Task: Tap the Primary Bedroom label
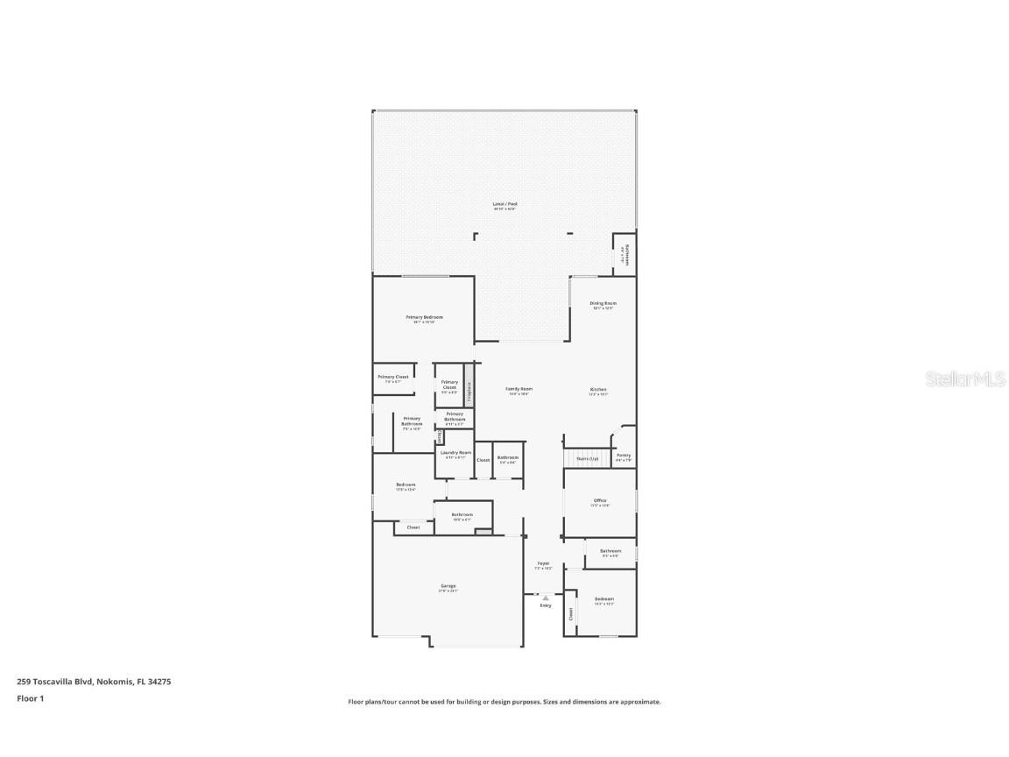click(x=424, y=317)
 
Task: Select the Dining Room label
click(x=603, y=303)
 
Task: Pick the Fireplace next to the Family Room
click(x=469, y=391)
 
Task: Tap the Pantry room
click(x=624, y=456)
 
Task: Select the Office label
click(x=600, y=501)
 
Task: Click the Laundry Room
click(x=455, y=454)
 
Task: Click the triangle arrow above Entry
click(x=546, y=598)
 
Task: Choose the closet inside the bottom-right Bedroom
click(x=570, y=614)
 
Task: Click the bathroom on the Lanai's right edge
click(x=625, y=254)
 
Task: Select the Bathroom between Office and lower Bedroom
click(x=610, y=552)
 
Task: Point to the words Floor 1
click(x=30, y=698)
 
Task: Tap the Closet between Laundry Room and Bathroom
click(x=483, y=459)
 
